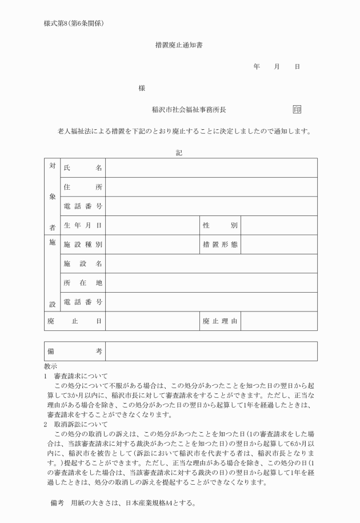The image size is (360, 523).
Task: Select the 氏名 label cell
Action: click(83, 168)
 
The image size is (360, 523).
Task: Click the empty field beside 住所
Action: click(211, 187)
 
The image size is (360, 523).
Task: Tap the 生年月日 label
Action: click(83, 225)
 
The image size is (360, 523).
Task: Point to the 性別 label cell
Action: click(220, 225)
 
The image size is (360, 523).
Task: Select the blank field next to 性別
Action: click(279, 225)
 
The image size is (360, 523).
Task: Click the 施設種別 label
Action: click(83, 245)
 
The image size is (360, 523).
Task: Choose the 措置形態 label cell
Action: click(220, 245)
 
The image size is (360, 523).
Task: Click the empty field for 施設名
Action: click(211, 264)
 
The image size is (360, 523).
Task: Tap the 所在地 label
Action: click(83, 283)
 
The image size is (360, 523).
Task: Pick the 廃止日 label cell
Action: click(75, 321)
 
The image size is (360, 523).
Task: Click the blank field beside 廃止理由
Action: click(279, 321)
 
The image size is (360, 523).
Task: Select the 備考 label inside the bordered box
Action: click(75, 351)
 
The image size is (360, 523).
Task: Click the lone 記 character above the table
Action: click(179, 152)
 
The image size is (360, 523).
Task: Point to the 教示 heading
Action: click(50, 366)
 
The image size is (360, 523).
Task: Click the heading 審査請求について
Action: click(81, 377)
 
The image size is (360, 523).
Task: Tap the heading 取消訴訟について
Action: click(81, 424)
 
